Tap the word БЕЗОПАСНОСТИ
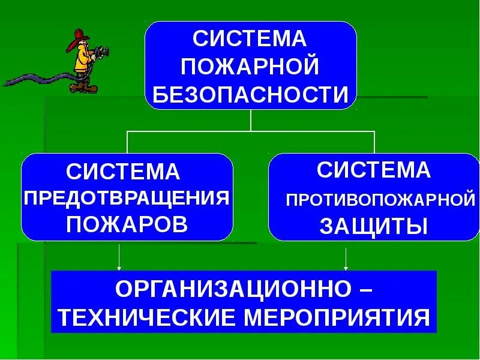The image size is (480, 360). (251, 95)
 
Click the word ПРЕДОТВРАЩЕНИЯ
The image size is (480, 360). (127, 198)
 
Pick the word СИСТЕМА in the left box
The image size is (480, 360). (123, 172)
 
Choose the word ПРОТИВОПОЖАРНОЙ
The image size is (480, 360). (380, 199)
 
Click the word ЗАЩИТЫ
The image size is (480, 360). (373, 226)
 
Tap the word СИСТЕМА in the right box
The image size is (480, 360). (374, 170)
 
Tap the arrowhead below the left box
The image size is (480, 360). (120, 266)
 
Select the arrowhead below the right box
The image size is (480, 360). (346, 266)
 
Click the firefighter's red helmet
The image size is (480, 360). (80, 36)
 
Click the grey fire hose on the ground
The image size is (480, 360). (36, 79)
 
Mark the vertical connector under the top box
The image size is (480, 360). (250, 120)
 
